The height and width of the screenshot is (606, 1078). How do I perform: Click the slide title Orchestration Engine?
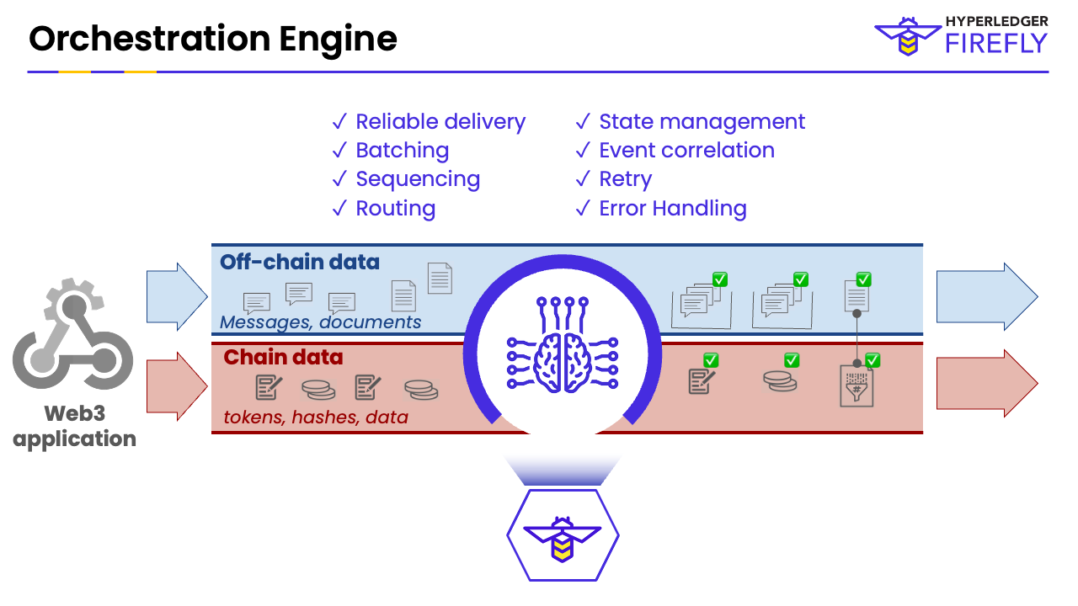point(212,40)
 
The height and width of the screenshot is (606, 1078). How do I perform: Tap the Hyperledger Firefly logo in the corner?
point(961,35)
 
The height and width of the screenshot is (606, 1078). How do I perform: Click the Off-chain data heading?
point(300,263)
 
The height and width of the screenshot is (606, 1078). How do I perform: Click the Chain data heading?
point(283,358)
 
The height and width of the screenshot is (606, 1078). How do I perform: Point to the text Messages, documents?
point(320,322)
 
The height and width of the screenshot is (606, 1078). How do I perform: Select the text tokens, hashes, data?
point(316,417)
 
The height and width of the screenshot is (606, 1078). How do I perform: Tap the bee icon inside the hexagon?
point(563,536)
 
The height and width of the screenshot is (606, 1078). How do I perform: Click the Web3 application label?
point(74,427)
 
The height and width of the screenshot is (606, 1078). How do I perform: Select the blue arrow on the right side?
point(986,296)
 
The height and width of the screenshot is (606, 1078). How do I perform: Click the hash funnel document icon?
point(857,386)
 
